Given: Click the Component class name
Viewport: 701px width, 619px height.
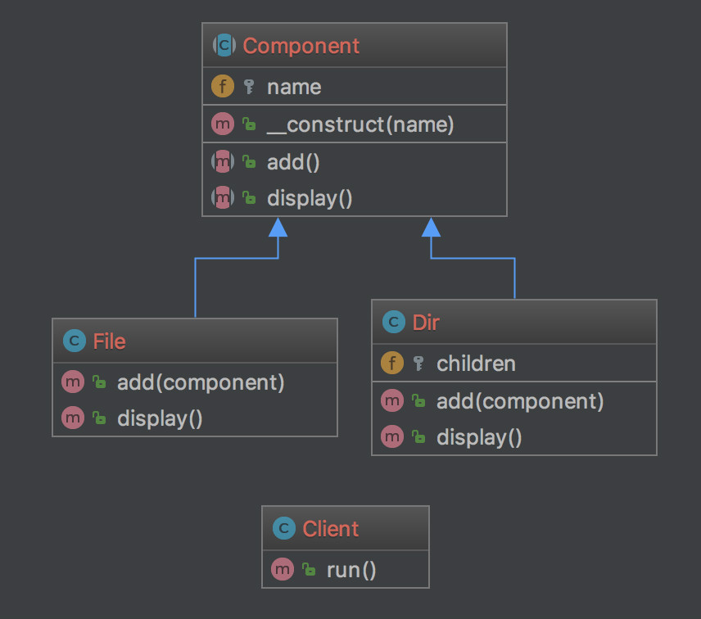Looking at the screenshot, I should click(301, 46).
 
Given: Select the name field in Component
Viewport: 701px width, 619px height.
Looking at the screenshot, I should click(293, 87).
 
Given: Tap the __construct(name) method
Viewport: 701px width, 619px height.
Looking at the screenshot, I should click(360, 125).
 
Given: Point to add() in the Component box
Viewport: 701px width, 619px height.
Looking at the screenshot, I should click(293, 162).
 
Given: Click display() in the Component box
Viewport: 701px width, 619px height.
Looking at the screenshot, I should click(310, 198).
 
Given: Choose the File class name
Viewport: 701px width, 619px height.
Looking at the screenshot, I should click(109, 341).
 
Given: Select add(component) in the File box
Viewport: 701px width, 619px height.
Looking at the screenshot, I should click(201, 382).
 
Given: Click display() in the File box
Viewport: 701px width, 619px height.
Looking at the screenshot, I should click(160, 418).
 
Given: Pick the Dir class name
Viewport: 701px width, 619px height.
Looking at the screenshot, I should click(426, 323).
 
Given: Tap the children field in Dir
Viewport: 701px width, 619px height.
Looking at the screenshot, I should click(476, 364).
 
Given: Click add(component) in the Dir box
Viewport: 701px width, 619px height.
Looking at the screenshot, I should click(520, 401).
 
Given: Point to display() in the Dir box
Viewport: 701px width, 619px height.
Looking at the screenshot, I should click(479, 437).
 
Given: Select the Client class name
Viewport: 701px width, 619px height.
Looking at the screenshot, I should click(331, 529).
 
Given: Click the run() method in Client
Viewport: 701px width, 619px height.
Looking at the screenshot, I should click(351, 570).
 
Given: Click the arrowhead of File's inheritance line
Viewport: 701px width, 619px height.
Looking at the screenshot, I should click(278, 227).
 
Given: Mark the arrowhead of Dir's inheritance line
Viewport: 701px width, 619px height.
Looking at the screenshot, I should click(432, 227).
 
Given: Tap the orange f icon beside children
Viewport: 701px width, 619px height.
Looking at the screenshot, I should click(392, 364).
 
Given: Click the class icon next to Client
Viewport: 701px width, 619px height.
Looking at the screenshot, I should click(283, 529).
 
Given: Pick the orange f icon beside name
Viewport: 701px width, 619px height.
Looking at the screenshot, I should click(222, 87).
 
